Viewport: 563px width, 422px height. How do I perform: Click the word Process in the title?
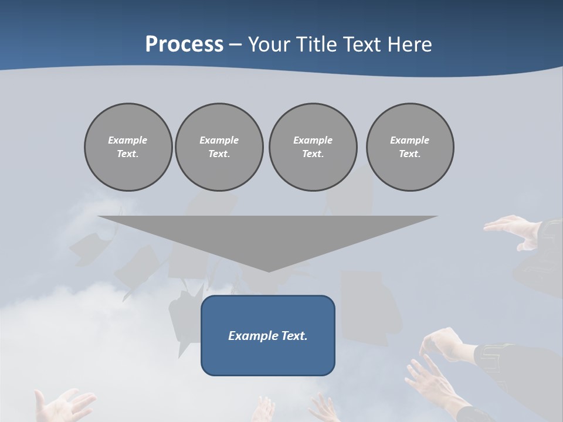point(184,44)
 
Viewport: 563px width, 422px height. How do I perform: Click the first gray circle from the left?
point(128,147)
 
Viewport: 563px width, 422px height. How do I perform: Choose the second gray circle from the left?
point(219,147)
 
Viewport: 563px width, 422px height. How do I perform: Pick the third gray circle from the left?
point(313,147)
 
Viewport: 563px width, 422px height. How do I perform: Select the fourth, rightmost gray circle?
point(409,147)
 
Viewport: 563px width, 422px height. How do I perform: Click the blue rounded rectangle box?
point(268,358)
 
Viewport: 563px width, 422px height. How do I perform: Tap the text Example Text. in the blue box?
point(268,336)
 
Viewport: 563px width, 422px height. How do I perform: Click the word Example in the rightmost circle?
point(409,140)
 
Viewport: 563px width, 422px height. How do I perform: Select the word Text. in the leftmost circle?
point(128,154)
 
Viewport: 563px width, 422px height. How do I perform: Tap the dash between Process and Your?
point(236,45)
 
